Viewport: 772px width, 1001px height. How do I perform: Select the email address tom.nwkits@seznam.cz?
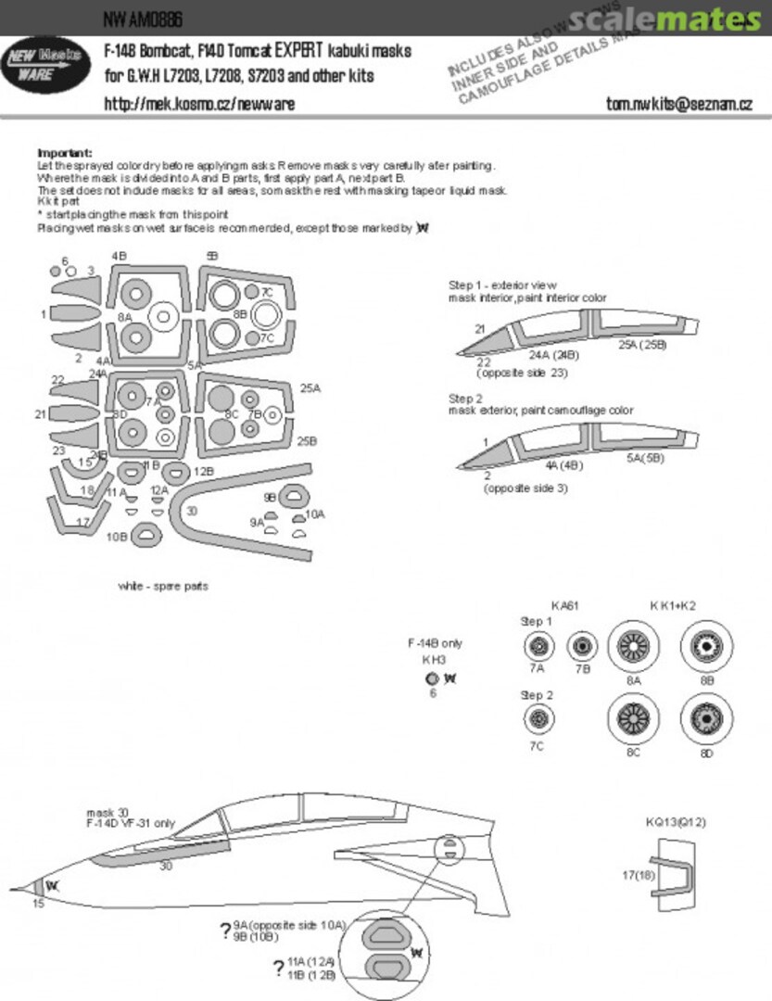pyautogui.click(x=678, y=105)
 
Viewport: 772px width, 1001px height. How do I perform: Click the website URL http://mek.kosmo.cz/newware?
pyautogui.click(x=199, y=105)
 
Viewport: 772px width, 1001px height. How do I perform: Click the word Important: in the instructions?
pyautogui.click(x=65, y=152)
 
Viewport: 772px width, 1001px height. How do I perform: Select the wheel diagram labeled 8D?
pyautogui.click(x=707, y=720)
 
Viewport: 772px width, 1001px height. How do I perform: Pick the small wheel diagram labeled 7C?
pyautogui.click(x=538, y=716)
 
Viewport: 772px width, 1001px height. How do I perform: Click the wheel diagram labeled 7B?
pyautogui.click(x=583, y=645)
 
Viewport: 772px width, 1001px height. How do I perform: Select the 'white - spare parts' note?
pyautogui.click(x=163, y=586)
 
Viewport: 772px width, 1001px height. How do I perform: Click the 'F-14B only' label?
pyautogui.click(x=435, y=643)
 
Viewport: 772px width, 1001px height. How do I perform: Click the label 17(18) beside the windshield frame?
pyautogui.click(x=637, y=873)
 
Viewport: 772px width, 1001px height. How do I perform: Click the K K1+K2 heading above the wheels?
pyautogui.click(x=673, y=605)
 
